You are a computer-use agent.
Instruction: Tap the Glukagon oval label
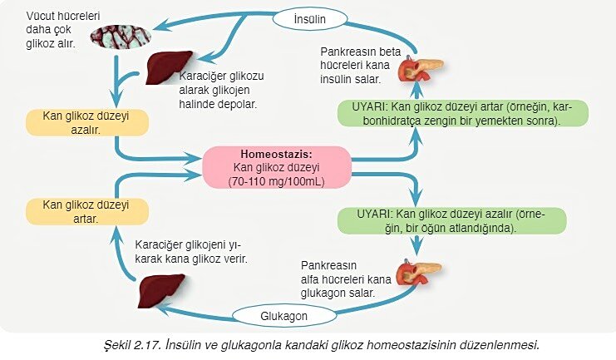tap(284, 317)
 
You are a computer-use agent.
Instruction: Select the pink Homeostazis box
tap(277, 167)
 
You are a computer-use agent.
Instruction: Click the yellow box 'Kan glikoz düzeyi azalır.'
tap(87, 122)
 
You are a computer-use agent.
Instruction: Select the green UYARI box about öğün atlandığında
tap(452, 219)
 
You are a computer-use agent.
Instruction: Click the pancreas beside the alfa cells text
tap(417, 273)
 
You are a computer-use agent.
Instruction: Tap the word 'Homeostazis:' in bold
tap(276, 155)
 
